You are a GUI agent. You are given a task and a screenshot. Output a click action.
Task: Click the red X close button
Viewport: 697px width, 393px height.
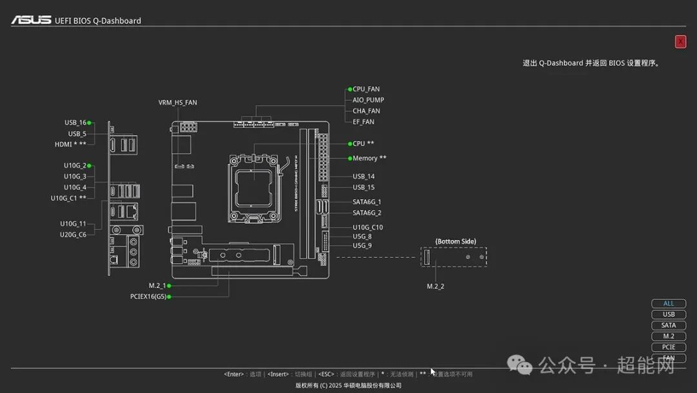680,42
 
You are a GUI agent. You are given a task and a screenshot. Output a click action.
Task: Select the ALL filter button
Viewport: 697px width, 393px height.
669,303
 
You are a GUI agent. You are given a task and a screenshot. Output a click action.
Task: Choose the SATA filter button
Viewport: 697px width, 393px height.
669,325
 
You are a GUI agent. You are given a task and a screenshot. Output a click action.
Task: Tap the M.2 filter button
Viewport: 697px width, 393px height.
669,336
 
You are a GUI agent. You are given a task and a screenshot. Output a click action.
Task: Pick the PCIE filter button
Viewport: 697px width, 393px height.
669,347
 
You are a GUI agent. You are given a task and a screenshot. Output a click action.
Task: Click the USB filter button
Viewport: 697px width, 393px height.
669,314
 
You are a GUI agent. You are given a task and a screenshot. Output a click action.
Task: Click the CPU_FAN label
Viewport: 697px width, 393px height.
366,89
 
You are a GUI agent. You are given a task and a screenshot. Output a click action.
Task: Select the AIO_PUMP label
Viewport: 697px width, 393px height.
368,100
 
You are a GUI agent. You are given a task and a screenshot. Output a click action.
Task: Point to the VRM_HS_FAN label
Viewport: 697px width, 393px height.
177,103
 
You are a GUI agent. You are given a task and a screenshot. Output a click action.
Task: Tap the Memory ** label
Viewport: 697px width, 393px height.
369,158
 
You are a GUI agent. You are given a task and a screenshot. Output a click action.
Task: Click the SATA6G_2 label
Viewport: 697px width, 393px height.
367,213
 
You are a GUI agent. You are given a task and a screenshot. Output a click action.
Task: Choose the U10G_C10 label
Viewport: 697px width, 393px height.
367,228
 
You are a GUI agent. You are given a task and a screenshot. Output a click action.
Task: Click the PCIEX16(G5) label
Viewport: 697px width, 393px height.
148,297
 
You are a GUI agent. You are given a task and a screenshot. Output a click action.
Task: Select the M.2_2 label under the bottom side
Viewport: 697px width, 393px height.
436,286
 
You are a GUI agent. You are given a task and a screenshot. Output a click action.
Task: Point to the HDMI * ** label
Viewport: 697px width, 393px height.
70,144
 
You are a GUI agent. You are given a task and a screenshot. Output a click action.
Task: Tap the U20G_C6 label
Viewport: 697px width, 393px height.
73,235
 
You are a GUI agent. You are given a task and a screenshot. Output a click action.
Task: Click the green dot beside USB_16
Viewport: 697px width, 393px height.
89,122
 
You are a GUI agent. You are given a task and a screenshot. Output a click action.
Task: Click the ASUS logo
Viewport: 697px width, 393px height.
31,20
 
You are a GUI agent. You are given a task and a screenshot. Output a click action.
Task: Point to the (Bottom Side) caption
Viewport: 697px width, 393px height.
456,242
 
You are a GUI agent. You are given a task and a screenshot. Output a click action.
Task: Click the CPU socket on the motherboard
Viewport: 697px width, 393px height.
254,183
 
